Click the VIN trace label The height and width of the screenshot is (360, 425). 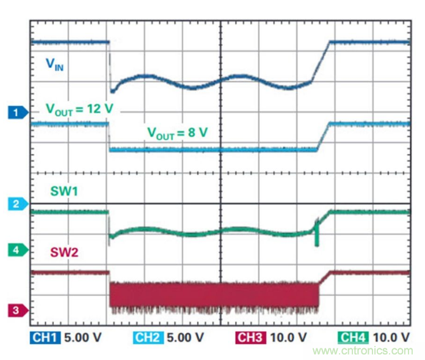(x=55, y=64)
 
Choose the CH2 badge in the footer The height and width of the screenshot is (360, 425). (x=148, y=337)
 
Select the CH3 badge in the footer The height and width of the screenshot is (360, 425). (x=250, y=337)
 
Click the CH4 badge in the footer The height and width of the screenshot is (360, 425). (x=354, y=337)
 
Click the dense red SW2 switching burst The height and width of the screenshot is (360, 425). (x=214, y=294)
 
